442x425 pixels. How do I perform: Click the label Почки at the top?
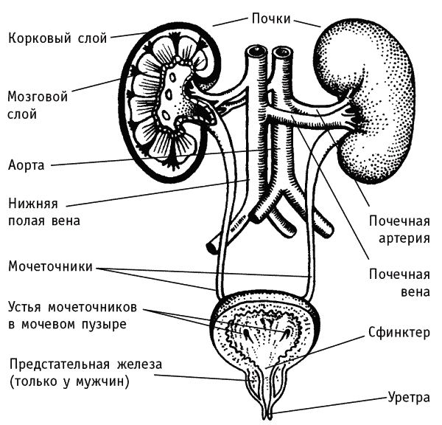(271, 19)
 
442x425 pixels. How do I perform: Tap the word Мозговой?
(38, 97)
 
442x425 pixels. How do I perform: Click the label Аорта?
(27, 165)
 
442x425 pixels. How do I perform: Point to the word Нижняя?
(33, 204)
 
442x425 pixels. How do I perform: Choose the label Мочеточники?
(50, 266)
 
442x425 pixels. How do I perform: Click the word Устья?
(25, 307)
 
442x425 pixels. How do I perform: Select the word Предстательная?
(59, 364)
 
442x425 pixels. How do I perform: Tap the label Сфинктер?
(399, 333)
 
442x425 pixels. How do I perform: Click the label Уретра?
(409, 397)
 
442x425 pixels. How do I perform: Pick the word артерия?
(404, 238)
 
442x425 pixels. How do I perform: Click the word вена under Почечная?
(415, 291)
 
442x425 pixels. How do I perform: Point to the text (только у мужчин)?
(69, 381)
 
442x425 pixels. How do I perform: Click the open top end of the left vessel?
(256, 52)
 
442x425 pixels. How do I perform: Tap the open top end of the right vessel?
(282, 52)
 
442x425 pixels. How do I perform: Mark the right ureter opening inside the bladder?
(286, 334)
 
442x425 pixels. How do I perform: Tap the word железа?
(139, 364)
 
